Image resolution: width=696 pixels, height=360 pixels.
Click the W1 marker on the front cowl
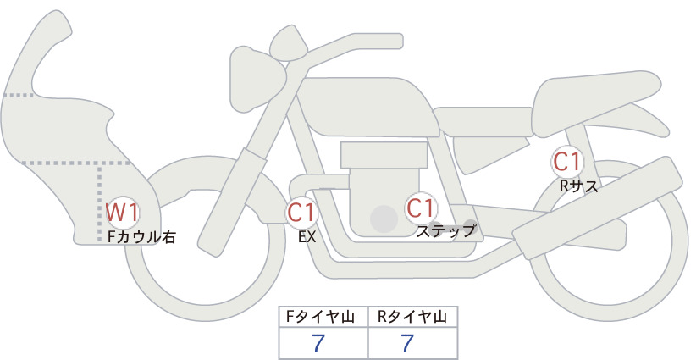(x=123, y=213)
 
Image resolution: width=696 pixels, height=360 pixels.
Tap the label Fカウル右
(x=141, y=237)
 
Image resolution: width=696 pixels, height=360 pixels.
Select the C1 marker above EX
(x=301, y=212)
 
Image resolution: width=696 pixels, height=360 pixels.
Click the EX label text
(x=307, y=237)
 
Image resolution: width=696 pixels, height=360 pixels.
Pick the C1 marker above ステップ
(x=420, y=208)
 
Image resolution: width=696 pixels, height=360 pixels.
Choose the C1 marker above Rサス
(x=566, y=162)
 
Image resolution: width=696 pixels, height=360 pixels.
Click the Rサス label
(x=578, y=186)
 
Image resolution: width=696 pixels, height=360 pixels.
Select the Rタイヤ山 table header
(x=412, y=317)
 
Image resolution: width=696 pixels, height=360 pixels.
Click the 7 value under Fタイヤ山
(x=318, y=343)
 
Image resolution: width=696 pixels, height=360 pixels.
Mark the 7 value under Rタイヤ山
(x=407, y=343)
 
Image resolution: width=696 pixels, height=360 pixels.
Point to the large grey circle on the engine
(x=384, y=219)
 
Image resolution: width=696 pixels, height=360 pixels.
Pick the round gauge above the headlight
(x=290, y=44)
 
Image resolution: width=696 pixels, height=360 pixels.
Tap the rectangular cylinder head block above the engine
(x=384, y=155)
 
